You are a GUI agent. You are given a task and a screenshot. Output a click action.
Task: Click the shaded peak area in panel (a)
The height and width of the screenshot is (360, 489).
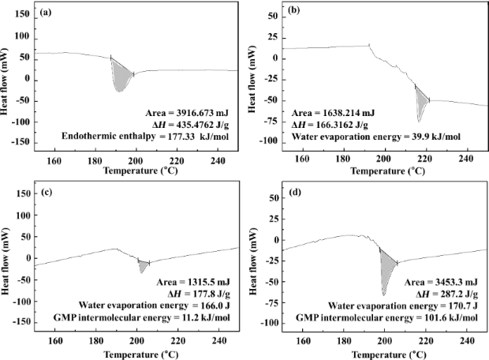coord(121,76)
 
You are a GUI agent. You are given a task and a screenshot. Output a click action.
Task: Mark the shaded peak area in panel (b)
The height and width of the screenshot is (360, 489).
coord(420,101)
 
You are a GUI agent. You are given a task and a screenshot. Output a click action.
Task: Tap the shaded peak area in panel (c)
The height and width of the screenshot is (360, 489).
coord(143,265)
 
